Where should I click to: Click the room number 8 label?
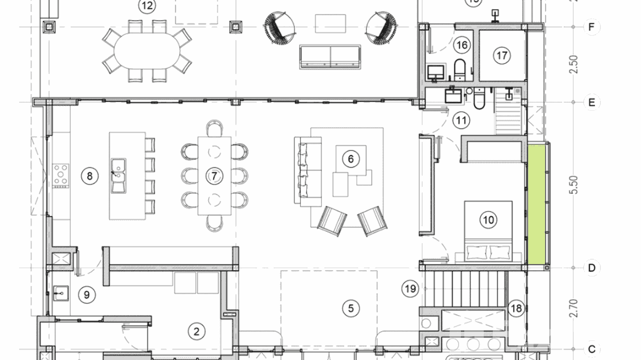pyautogui.click(x=89, y=176)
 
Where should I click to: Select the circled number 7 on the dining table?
pyautogui.click(x=214, y=176)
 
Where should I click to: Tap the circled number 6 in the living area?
pyautogui.click(x=351, y=159)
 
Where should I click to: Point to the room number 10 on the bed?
pyautogui.click(x=488, y=220)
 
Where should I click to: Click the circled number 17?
pyautogui.click(x=502, y=56)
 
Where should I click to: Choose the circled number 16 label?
pyautogui.click(x=461, y=45)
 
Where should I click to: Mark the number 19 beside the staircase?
pyautogui.click(x=410, y=288)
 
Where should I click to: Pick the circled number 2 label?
pyautogui.click(x=196, y=331)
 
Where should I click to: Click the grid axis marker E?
pyautogui.click(x=592, y=102)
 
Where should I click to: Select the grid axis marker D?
pyautogui.click(x=592, y=268)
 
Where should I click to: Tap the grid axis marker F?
pyautogui.click(x=592, y=27)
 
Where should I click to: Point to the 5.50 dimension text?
pyautogui.click(x=574, y=185)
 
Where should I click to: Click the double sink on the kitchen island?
pyautogui.click(x=119, y=176)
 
